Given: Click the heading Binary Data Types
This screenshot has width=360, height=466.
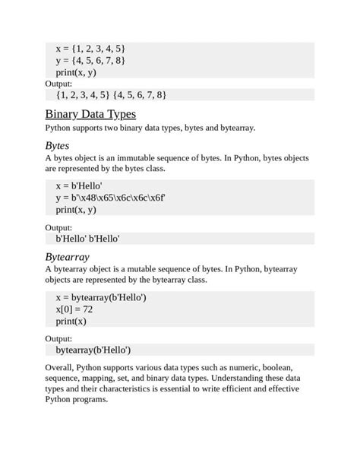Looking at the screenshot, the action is click(x=90, y=114).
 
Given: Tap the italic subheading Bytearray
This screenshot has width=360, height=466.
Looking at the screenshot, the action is click(x=68, y=256).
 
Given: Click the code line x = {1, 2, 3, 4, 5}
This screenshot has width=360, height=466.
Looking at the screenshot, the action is click(x=90, y=49).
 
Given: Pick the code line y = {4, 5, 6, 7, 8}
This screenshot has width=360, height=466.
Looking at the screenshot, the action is click(x=90, y=60).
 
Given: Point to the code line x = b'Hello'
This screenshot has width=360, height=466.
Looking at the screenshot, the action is click(x=79, y=185).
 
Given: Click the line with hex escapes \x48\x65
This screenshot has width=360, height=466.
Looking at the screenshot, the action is click(x=110, y=198).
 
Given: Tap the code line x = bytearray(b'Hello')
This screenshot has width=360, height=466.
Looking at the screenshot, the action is click(x=101, y=297).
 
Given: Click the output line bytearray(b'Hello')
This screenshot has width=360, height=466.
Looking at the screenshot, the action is click(x=93, y=350).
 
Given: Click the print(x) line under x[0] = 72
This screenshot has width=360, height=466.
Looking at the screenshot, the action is click(x=71, y=321).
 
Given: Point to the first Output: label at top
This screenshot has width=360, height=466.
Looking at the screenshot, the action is click(x=58, y=84).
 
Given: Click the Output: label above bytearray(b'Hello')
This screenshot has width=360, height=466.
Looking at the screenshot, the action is click(x=58, y=338).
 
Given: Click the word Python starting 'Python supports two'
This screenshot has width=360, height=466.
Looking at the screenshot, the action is click(x=60, y=128).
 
